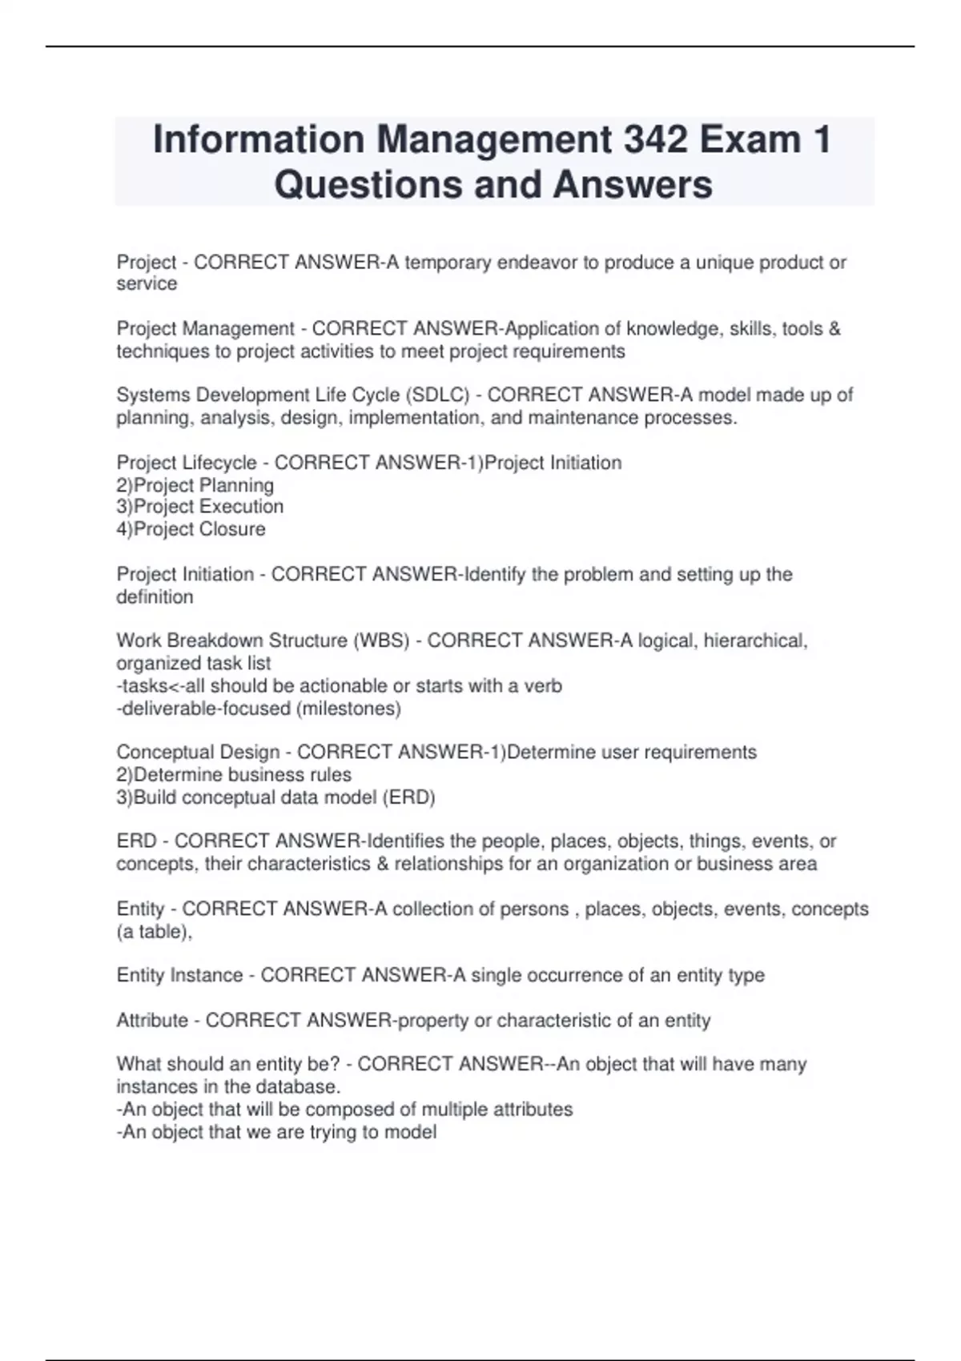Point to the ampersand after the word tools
[x=834, y=329]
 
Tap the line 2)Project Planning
[x=195, y=485]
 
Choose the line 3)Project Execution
[x=200, y=507]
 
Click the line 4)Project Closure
[x=191, y=529]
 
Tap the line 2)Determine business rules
[x=234, y=775]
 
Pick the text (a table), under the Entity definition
[x=155, y=932]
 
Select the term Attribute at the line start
[x=152, y=1021]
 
